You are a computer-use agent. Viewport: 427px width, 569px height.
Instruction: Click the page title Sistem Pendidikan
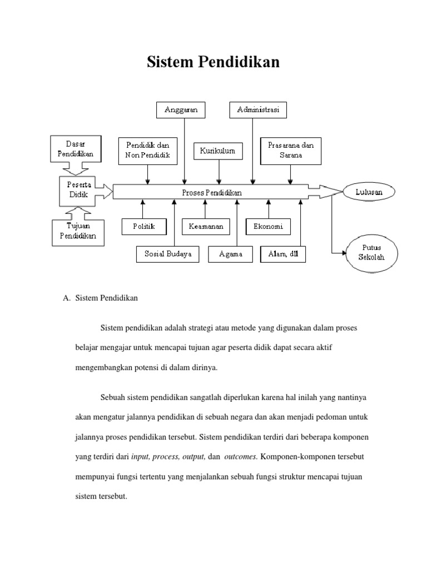tap(213, 63)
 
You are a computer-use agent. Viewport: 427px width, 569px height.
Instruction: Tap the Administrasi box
tap(258, 110)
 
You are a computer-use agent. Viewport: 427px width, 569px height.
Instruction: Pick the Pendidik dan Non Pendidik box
tap(147, 150)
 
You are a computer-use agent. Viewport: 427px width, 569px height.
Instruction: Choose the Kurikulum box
tap(219, 151)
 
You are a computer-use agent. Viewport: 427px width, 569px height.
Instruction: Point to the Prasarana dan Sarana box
tap(291, 150)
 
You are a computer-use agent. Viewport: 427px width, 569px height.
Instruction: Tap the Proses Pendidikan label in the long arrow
tap(212, 192)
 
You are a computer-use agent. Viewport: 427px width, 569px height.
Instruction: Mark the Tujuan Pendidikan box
tap(78, 232)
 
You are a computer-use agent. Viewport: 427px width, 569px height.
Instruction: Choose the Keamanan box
tap(206, 227)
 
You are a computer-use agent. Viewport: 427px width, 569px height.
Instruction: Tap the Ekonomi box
tap(269, 227)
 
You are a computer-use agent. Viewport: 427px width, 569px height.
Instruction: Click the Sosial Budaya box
tap(164, 254)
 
